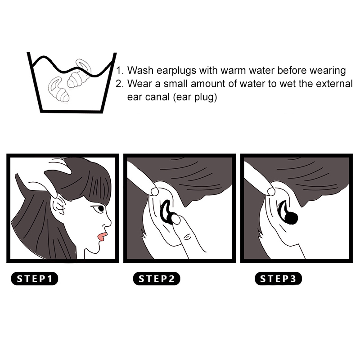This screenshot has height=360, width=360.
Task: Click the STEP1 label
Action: click(x=35, y=279)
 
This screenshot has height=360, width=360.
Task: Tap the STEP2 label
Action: click(x=157, y=279)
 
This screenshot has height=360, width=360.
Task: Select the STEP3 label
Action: click(x=278, y=279)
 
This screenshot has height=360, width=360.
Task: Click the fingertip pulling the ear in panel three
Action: click(x=271, y=191)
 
